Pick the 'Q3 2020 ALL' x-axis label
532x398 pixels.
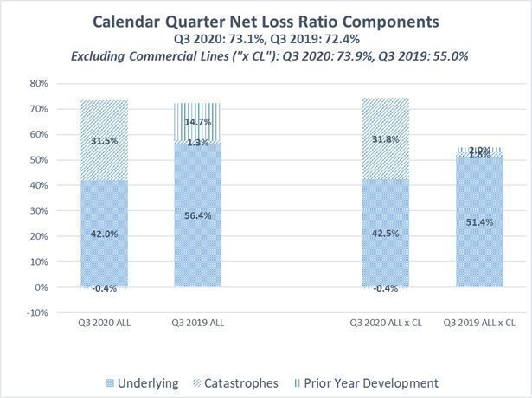click(103, 322)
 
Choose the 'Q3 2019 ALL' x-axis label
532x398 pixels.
click(197, 322)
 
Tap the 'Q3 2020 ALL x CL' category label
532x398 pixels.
click(384, 322)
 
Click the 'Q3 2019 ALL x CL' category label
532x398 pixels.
click(479, 322)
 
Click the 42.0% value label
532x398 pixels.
click(104, 233)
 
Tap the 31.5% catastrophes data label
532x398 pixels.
click(104, 140)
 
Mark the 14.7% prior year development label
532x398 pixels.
click(198, 124)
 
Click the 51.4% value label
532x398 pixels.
click(479, 222)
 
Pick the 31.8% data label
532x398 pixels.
click(384, 138)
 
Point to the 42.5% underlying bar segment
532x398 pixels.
click(384, 233)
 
